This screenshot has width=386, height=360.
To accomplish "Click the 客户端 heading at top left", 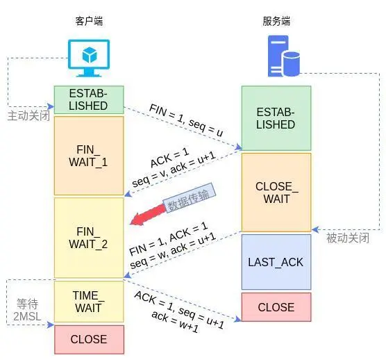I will point(88,22).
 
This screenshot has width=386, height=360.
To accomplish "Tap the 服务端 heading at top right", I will point(276,22).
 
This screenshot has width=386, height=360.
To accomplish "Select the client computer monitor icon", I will point(89,59).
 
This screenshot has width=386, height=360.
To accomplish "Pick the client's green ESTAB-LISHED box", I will point(89,100).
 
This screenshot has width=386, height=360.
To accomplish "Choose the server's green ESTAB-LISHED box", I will point(276,119).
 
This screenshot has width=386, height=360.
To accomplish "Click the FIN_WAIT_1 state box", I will point(89,156).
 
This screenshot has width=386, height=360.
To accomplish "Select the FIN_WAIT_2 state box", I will point(89,237).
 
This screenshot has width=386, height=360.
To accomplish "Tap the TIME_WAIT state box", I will point(89,302).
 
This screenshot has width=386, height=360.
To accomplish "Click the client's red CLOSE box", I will point(89,339).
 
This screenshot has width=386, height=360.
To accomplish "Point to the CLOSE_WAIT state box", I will point(276,193).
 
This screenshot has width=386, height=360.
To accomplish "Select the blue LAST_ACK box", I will point(276,262).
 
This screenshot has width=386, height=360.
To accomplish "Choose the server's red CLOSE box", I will point(276,307).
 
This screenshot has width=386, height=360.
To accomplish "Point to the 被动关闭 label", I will point(347,238).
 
